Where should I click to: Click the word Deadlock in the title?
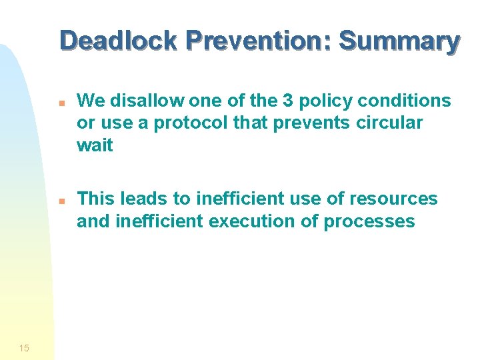(118, 41)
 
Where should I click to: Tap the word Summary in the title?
(399, 41)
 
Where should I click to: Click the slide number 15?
(24, 347)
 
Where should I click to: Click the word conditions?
(409, 101)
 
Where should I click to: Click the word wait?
(95, 145)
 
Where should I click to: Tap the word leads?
(142, 199)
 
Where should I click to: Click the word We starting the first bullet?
(89, 101)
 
